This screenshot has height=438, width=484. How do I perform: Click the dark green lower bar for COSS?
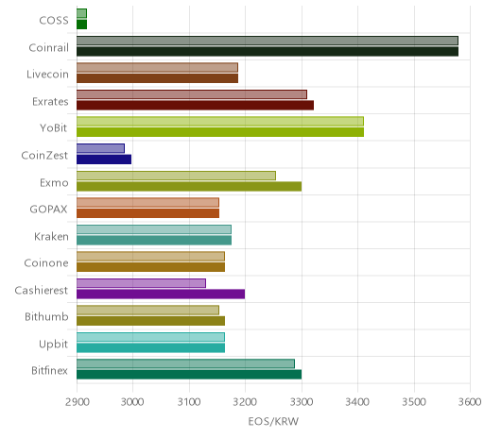tap(81, 25)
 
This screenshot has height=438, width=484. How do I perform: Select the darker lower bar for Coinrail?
tap(268, 52)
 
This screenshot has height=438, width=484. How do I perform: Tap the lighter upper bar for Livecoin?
tap(157, 67)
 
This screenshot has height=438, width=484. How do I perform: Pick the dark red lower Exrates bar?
tap(195, 106)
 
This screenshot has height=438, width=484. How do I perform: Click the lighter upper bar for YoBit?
tap(220, 121)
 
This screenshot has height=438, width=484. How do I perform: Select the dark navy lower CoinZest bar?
tap(104, 160)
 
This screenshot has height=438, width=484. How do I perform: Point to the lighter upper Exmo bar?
tap(176, 176)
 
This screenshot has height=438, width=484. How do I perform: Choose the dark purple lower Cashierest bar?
tap(161, 295)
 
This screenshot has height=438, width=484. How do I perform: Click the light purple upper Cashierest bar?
tap(141, 283)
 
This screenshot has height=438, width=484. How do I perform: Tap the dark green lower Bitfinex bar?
tap(189, 375)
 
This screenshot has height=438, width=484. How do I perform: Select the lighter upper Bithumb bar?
tap(147, 311)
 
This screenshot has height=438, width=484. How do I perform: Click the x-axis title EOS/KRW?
tap(273, 421)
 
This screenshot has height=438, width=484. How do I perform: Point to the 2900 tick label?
tap(78, 402)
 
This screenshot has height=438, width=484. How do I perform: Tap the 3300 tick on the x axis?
tap(302, 402)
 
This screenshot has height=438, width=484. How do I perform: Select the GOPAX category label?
tap(48, 210)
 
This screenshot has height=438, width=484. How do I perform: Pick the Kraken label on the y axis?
tap(51, 236)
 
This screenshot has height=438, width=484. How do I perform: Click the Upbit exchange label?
tap(53, 345)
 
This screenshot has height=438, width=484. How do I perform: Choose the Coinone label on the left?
tap(46, 263)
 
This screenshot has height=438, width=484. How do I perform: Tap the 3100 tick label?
tap(189, 402)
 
